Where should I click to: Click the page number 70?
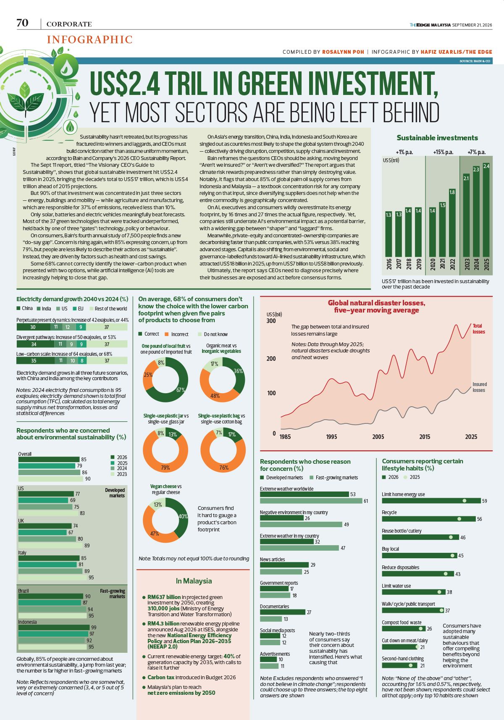[23, 23]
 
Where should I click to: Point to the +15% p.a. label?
[443, 152]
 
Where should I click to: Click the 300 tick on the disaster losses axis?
[271, 321]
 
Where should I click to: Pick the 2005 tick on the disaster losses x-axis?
[378, 436]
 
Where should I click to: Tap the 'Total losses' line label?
[479, 328]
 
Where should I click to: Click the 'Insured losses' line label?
[479, 387]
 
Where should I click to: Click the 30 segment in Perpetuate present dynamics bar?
[33, 327]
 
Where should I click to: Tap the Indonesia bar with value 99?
[54, 627]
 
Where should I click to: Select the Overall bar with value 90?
[50, 478]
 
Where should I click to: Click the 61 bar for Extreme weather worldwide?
[311, 501]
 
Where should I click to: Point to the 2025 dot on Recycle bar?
[459, 519]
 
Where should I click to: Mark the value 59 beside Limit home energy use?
[484, 501]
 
